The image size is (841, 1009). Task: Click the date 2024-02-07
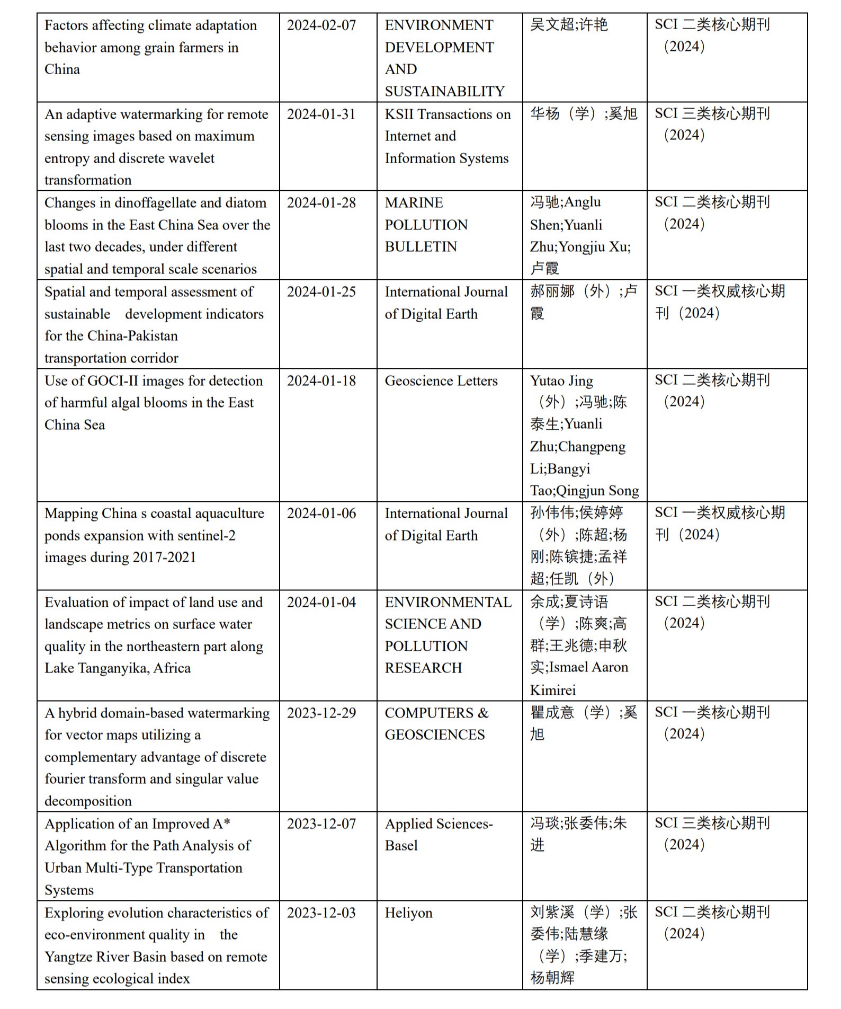pos(321,25)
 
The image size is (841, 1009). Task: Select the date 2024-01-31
pos(321,114)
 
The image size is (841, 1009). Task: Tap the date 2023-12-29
pos(321,713)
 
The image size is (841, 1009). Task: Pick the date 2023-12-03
pos(321,913)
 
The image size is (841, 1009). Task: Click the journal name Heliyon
pos(408,913)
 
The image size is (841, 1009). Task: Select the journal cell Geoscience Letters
pos(441,380)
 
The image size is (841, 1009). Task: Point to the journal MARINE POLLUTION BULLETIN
pos(426,225)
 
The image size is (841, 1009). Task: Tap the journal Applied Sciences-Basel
pos(439,834)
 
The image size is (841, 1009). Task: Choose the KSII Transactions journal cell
pos(448,136)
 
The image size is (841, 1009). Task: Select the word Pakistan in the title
pos(153,336)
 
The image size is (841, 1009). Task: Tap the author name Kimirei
pos(552,690)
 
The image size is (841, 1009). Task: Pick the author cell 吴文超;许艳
pos(568,25)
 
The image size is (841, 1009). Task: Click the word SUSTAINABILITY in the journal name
pos(444,92)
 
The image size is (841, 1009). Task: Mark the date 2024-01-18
pos(321,380)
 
